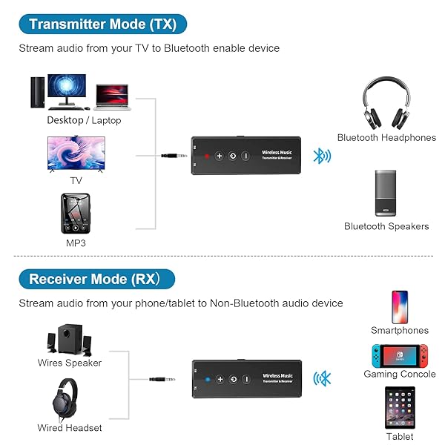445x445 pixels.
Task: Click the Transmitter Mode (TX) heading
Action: pos(102,24)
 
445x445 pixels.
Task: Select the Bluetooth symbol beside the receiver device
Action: pos(323,379)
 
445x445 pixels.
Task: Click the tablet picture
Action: pos(400,409)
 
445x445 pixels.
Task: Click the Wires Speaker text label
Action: pos(70,363)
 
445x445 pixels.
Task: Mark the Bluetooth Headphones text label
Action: pos(386,137)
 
